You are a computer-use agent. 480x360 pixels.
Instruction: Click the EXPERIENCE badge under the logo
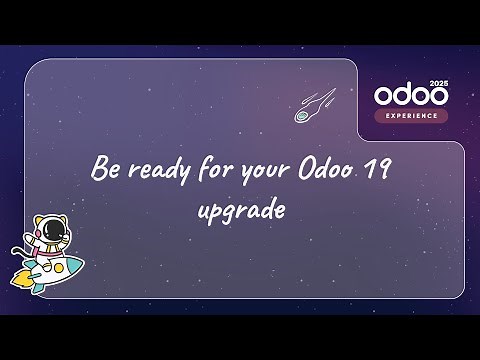tap(411, 115)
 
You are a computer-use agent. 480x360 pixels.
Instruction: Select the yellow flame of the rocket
tap(20, 283)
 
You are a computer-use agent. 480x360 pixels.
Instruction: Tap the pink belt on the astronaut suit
tap(42, 256)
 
